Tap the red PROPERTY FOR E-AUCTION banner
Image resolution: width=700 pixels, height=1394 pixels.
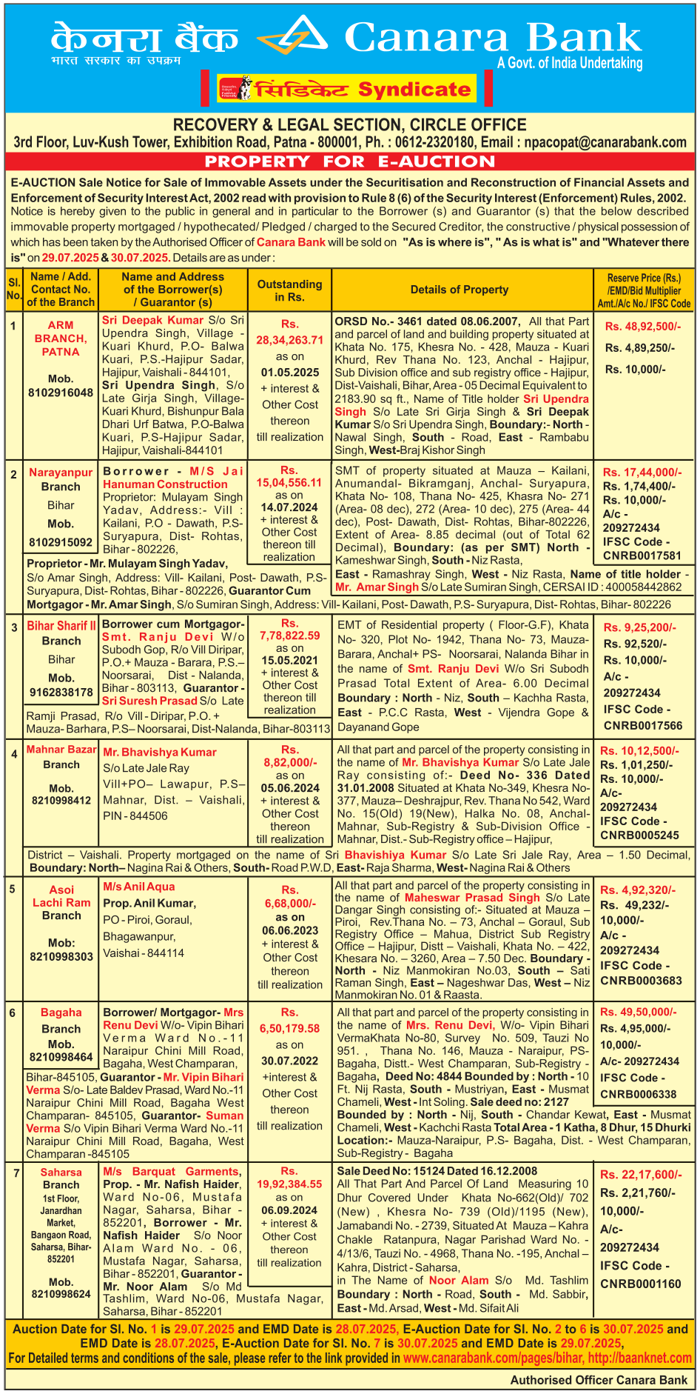tap(349, 161)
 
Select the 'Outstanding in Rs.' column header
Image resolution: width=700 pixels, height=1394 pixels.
tap(289, 290)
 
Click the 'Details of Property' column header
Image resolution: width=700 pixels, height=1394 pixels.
tap(460, 290)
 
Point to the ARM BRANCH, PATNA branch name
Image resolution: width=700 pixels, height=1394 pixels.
tap(61, 339)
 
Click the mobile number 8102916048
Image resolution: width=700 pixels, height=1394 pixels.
tap(61, 392)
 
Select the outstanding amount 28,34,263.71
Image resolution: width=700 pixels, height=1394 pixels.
tap(290, 340)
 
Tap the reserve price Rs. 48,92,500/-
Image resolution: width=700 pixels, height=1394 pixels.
tap(643, 326)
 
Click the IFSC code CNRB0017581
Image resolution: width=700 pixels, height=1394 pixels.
tap(642, 556)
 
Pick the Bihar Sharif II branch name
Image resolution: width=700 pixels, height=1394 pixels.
tap(61, 626)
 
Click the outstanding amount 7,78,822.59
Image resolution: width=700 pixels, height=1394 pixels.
tap(290, 636)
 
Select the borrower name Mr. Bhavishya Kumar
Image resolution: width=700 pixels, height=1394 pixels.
tap(159, 753)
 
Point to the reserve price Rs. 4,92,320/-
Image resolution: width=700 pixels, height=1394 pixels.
tap(637, 890)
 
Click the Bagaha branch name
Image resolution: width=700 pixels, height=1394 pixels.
tap(61, 1013)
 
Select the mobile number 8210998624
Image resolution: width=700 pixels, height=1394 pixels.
tap(61, 1294)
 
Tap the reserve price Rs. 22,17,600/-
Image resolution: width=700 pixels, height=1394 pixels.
tap(641, 1175)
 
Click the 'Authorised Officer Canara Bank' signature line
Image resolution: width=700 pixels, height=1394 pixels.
tap(599, 1380)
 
